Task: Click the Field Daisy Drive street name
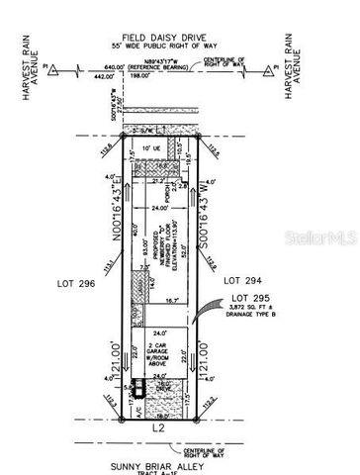pos(180,37)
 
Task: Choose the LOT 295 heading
pos(249,298)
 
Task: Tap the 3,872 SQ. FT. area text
pos(252,309)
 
